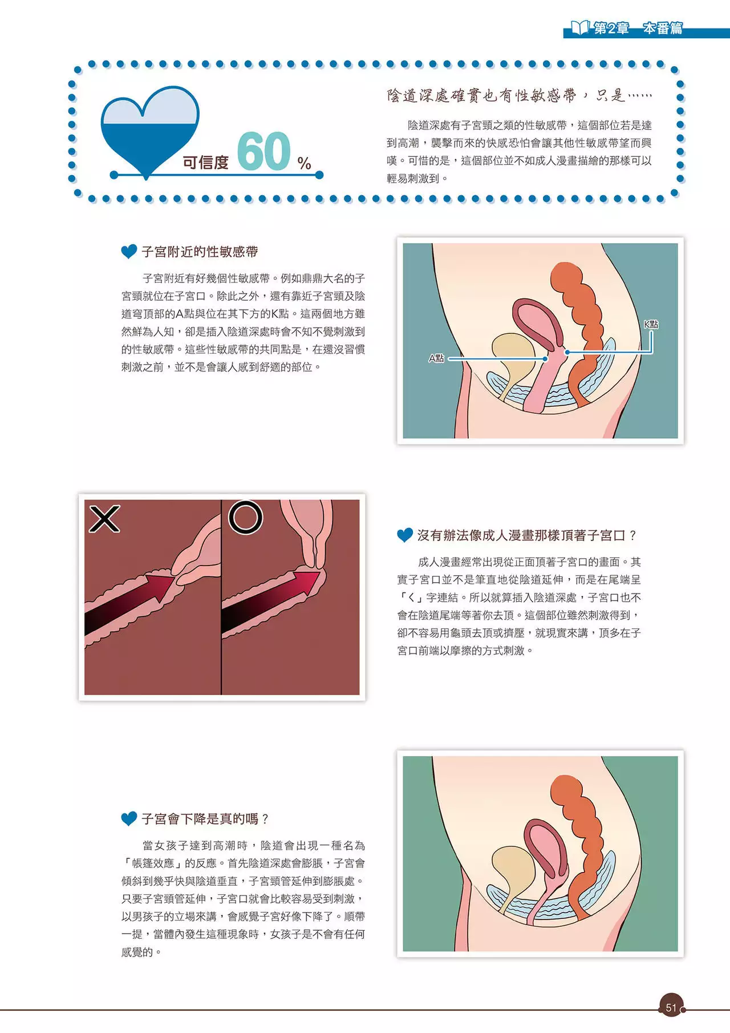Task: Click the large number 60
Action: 263,151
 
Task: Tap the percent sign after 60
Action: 305,164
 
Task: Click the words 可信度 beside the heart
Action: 206,163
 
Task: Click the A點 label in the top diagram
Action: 436,358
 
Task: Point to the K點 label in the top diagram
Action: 651,324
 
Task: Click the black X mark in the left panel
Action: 104,519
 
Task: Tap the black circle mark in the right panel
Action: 245,517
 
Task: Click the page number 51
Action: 671,1008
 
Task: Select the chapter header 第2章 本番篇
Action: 638,29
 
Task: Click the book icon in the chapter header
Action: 580,27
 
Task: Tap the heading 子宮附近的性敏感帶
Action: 200,252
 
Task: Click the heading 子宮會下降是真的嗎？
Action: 205,819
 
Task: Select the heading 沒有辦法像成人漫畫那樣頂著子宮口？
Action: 528,535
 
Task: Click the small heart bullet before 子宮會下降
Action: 129,819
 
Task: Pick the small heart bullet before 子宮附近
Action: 129,252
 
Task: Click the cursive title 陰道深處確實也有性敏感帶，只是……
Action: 520,95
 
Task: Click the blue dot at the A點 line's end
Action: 546,359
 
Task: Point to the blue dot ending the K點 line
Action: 567,353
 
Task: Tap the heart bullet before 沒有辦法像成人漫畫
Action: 405,535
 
